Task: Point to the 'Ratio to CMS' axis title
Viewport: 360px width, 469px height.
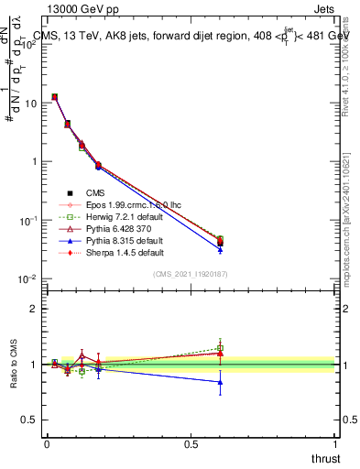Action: click(x=13, y=365)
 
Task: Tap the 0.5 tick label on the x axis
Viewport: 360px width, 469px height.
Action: click(x=191, y=443)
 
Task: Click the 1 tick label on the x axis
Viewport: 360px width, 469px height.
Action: click(x=335, y=443)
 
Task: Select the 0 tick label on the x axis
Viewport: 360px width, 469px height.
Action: click(x=47, y=443)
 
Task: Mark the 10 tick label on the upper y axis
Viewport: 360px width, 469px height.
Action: click(x=29, y=103)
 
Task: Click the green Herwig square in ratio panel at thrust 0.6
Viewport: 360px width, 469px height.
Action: click(x=220, y=348)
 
